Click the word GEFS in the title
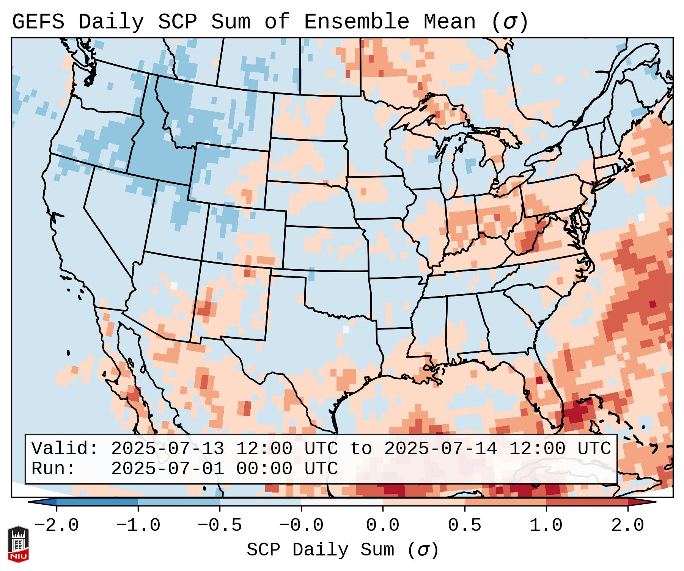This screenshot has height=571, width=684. [38, 22]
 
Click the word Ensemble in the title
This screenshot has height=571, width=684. [356, 22]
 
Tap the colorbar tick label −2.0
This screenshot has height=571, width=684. [57, 526]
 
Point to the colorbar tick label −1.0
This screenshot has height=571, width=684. [138, 526]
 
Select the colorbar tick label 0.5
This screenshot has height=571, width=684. [465, 526]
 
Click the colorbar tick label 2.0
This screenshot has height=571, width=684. [628, 526]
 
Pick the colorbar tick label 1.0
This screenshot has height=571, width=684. [546, 526]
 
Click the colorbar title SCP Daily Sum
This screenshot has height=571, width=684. [320, 550]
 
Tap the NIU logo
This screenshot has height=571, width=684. [18, 544]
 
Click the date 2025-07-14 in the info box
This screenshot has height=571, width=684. [440, 449]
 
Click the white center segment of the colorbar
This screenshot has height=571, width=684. [342, 502]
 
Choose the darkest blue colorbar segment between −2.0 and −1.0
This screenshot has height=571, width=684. [97, 502]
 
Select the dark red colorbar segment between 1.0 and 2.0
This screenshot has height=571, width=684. [587, 502]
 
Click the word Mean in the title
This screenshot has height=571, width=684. [449, 22]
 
